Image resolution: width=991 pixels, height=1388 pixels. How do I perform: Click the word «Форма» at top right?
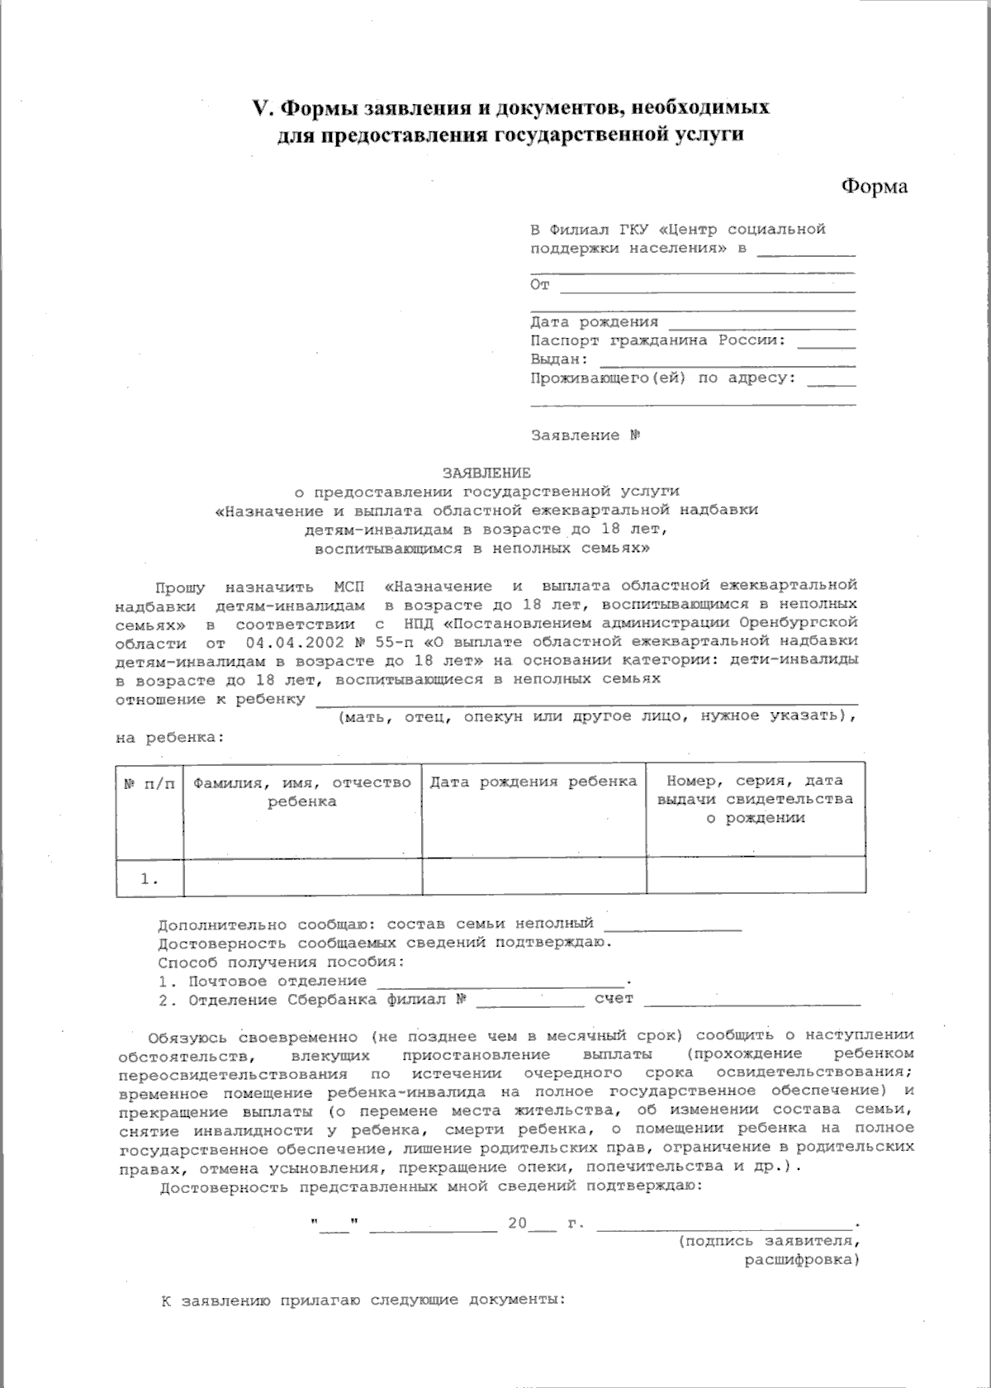[x=874, y=187]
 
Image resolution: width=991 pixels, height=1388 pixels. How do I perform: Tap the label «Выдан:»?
[x=559, y=359]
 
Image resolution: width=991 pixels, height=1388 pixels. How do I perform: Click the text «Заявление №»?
[x=586, y=435]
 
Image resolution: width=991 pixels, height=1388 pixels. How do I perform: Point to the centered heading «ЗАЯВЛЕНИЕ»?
[x=486, y=473]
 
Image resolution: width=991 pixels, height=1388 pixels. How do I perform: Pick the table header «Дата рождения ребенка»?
[x=533, y=782]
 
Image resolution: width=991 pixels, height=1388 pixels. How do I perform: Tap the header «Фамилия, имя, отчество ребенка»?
[x=301, y=791]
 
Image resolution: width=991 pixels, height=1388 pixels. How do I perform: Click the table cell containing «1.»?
[x=149, y=879]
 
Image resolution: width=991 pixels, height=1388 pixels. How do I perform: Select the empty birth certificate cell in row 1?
[x=756, y=877]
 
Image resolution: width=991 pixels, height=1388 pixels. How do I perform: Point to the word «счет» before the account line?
[x=614, y=999]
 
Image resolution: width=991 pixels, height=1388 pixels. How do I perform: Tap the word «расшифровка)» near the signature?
[x=801, y=1260]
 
